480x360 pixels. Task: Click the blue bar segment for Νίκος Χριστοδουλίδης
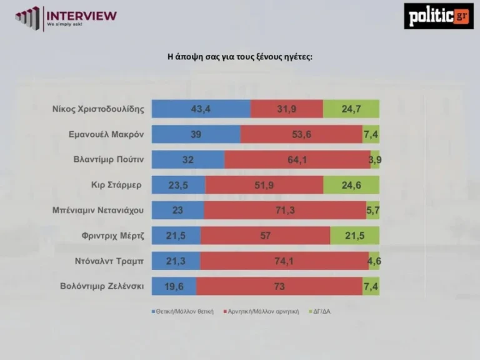(201, 109)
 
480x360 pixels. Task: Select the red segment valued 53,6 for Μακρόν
(301, 134)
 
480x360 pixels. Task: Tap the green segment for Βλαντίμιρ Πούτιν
(375, 160)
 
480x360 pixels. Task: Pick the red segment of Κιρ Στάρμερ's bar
(264, 185)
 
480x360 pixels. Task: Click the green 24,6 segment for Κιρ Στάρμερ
(351, 185)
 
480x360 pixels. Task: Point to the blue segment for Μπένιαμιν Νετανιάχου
(177, 210)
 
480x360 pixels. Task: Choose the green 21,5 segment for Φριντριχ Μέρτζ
(354, 236)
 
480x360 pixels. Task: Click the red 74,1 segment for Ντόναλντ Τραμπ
(284, 261)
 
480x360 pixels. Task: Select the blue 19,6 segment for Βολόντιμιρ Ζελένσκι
(174, 286)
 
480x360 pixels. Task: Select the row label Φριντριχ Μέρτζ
(112, 236)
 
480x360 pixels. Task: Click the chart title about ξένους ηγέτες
(239, 57)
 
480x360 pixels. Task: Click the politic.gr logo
(438, 16)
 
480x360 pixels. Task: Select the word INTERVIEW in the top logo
(82, 15)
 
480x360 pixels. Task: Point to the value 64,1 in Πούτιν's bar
(297, 160)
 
